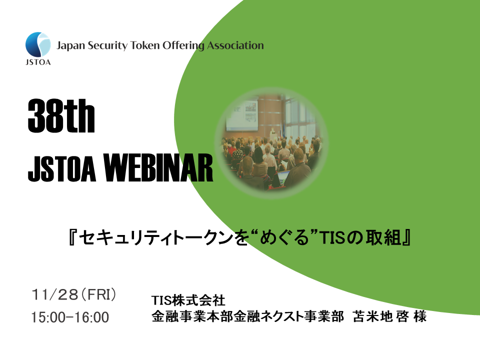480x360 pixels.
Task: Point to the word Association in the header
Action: pos(235,46)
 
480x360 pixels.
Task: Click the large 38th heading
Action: pos(61,116)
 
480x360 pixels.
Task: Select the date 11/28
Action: pos(54,294)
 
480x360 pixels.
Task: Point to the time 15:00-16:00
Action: pos(69,317)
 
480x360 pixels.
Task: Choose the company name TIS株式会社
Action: pos(188,300)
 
